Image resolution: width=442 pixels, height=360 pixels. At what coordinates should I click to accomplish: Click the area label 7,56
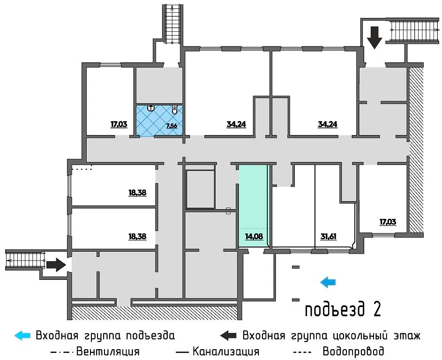click(171, 126)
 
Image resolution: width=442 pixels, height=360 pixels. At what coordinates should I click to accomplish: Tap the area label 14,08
click(254, 237)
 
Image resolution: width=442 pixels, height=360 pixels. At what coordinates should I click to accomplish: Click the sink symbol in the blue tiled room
click(150, 108)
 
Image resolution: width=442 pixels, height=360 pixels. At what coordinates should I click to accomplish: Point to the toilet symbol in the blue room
click(174, 111)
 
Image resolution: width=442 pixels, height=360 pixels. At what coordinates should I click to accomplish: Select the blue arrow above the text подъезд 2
click(328, 281)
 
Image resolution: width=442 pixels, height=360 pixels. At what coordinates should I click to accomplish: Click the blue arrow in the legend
click(23, 336)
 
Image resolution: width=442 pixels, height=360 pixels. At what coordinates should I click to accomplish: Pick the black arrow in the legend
click(229, 336)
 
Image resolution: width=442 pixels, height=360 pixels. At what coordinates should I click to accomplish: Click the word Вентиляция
click(108, 351)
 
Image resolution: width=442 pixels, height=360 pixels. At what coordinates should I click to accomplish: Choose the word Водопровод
click(353, 351)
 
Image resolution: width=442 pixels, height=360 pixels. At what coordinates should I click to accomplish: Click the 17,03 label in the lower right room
click(388, 222)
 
